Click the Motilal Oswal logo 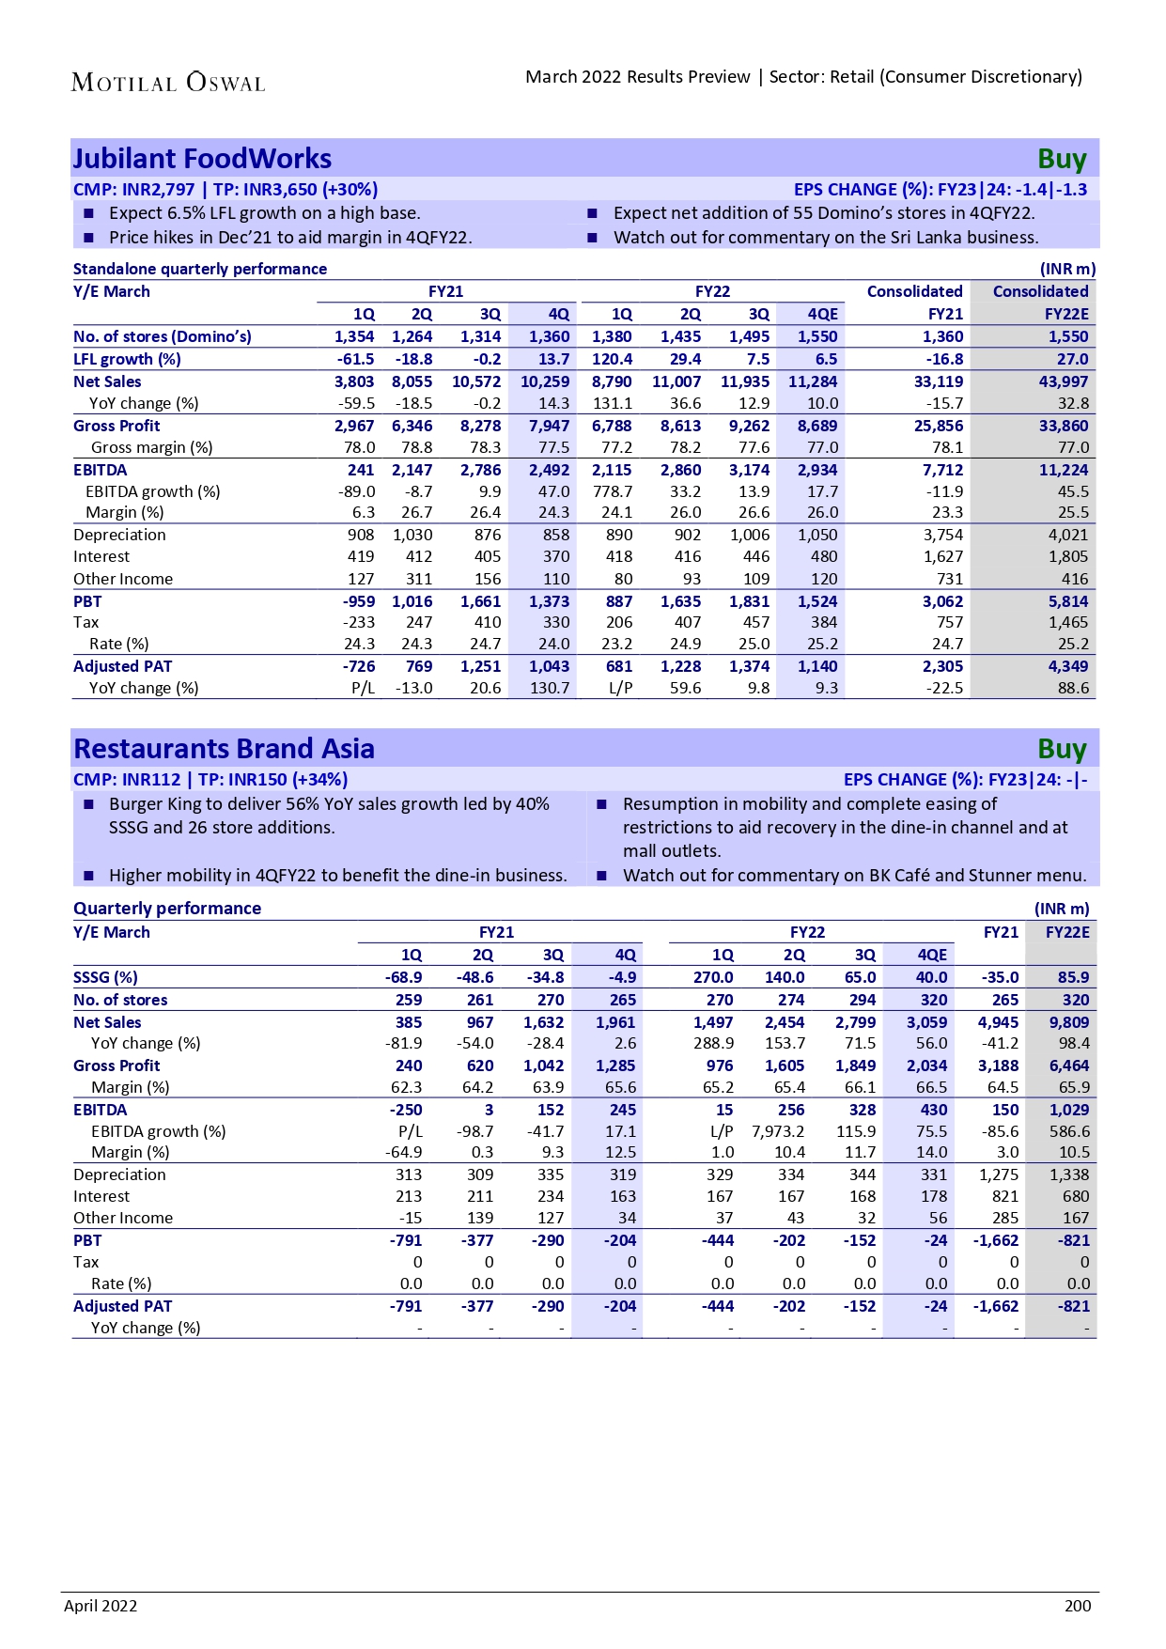168,83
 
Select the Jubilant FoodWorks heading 203,159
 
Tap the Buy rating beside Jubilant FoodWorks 1062,160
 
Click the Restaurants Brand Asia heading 224,749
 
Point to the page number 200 1078,1606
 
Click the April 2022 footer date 101,1606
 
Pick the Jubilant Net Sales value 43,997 1064,381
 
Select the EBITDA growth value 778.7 613,491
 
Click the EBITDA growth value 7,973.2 778,1131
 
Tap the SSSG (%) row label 105,977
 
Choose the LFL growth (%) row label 127,359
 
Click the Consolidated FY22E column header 1040,302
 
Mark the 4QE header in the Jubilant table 822,314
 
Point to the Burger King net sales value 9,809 1069,1022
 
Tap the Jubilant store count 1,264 412,336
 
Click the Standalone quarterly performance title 200,269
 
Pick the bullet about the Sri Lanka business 826,238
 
